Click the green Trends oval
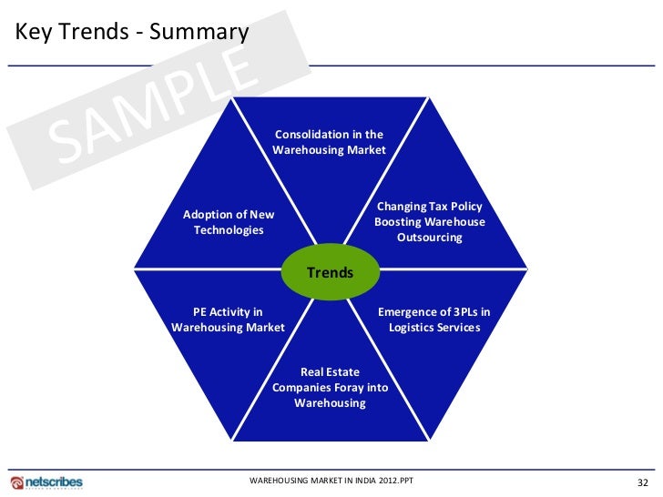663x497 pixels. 330,273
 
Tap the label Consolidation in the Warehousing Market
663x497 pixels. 329,142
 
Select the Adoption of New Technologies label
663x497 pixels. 229,222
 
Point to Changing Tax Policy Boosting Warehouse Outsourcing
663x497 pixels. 429,222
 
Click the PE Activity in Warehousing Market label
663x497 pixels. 228,319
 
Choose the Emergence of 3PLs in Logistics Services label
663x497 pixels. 433,319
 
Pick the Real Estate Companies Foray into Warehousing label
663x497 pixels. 330,387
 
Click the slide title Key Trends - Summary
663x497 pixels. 131,33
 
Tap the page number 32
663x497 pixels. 642,482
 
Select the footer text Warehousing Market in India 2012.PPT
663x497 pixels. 330,480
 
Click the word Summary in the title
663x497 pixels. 199,33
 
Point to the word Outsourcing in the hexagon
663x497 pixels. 429,238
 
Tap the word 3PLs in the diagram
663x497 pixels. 459,312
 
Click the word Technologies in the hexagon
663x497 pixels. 229,230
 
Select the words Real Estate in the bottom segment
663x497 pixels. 330,372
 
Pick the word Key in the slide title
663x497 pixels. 32,33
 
